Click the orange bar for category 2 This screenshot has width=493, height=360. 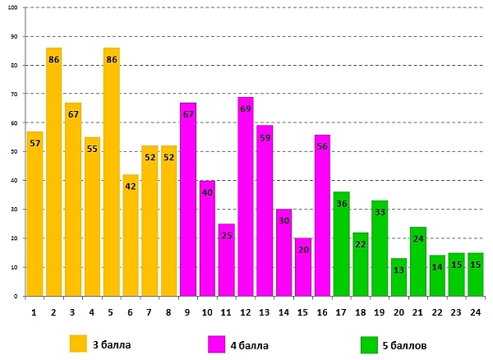tap(53, 172)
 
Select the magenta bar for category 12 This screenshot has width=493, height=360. tap(246, 196)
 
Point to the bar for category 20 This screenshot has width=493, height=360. tap(399, 277)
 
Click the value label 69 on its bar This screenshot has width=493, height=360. tap(246, 108)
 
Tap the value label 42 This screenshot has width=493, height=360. tap(131, 187)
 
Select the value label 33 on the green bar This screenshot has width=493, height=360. tap(380, 212)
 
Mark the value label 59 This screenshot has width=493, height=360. tap(265, 137)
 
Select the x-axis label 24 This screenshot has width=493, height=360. tap(475, 312)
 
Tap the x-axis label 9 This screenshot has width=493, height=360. tap(188, 312)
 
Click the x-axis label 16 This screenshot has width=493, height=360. tap(322, 312)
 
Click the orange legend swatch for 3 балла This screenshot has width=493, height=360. tap(78, 343)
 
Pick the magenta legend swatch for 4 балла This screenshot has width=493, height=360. tap(217, 343)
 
